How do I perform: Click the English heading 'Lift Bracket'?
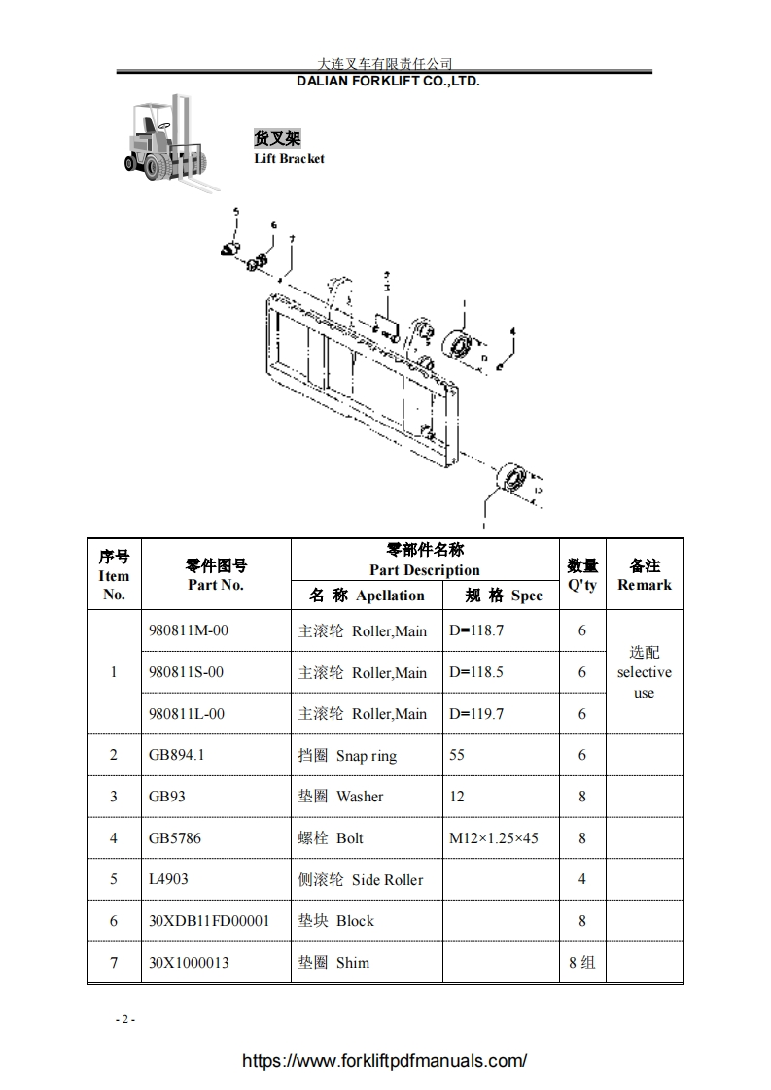[289, 158]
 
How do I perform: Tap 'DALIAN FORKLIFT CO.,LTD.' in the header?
[388, 82]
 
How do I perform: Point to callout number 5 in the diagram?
[234, 212]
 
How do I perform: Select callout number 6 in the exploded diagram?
[274, 225]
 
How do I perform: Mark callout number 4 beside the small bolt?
[513, 331]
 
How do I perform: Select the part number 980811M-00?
[189, 630]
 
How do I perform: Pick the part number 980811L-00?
[187, 714]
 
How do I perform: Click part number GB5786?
[175, 838]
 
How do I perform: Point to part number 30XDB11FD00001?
[209, 921]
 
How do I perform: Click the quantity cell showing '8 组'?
[581, 963]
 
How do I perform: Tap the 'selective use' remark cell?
[644, 672]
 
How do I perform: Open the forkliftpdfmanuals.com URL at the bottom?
[384, 1061]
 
